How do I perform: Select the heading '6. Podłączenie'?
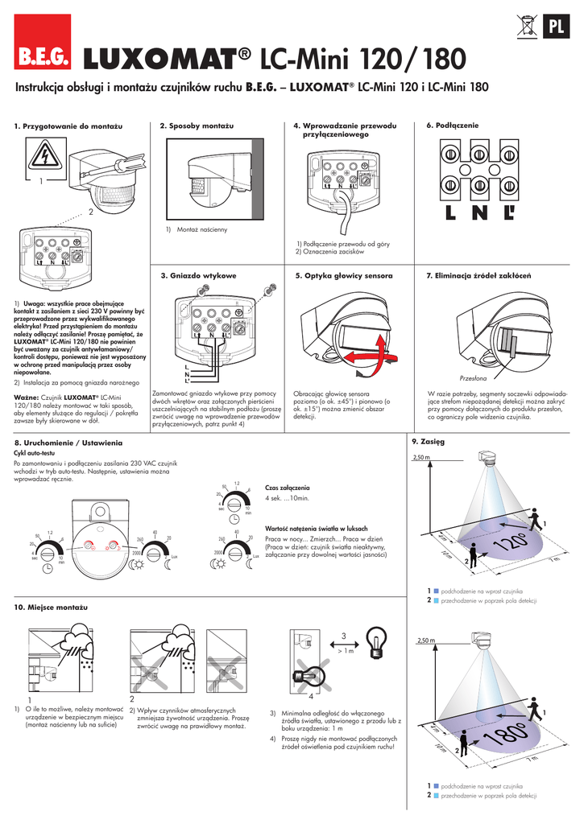tap(452, 126)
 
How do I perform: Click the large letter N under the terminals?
tap(480, 214)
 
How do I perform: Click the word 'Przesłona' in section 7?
tap(474, 377)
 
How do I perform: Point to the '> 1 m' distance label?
tap(343, 651)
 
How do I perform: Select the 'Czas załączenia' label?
tap(287, 488)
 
